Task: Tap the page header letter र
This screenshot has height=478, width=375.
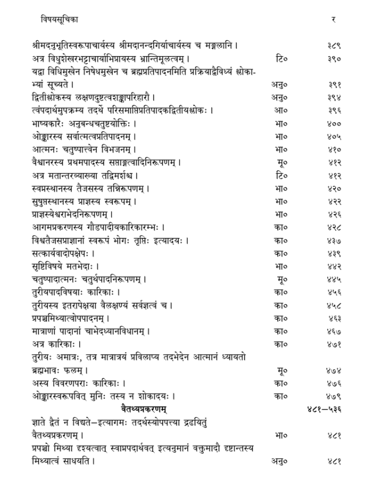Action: pyautogui.click(x=333, y=20)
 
